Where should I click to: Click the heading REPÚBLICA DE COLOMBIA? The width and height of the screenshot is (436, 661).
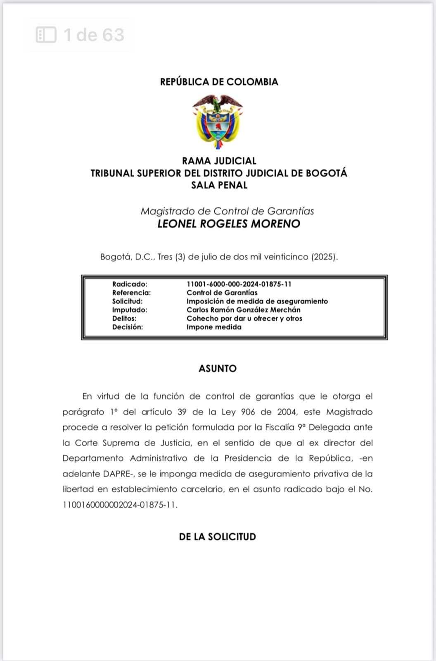219,82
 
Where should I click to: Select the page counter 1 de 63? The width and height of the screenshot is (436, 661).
94,35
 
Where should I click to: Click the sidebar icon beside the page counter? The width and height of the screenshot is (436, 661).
46,35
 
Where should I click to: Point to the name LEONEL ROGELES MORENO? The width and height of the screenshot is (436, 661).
229,224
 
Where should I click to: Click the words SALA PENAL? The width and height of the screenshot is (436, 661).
219,185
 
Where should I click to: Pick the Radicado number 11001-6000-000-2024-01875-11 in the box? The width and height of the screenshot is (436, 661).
239,284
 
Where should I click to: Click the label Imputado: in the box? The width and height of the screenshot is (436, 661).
130,310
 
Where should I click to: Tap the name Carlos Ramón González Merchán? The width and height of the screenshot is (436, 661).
243,310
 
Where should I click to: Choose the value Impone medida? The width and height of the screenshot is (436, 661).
213,327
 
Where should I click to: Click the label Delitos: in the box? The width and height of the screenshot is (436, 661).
124,319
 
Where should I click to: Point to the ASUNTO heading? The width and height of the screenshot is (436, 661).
218,369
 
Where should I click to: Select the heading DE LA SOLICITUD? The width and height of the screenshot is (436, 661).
218,537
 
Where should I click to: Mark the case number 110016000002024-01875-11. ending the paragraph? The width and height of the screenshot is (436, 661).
120,505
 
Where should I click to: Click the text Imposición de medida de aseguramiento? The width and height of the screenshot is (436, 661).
257,301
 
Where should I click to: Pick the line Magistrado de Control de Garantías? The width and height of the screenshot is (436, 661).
227,211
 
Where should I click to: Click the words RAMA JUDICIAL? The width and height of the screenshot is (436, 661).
219,161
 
